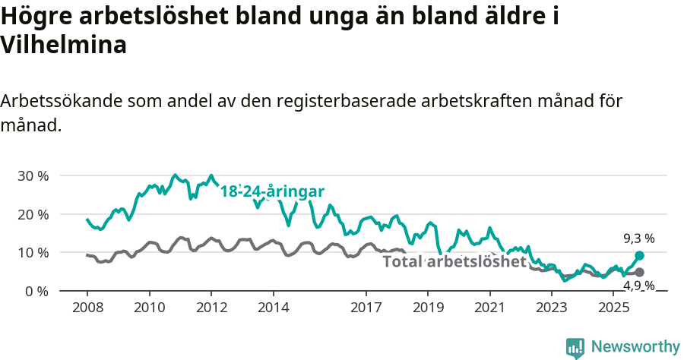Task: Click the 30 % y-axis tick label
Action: (x=33, y=175)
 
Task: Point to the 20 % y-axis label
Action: (x=33, y=214)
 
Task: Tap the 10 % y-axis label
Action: (x=33, y=252)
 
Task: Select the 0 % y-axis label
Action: (x=36, y=291)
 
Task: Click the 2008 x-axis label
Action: (x=87, y=308)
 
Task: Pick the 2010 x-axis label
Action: (x=149, y=308)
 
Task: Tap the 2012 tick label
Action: (x=211, y=308)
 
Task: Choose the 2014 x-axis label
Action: (x=273, y=308)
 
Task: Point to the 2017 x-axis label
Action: (x=366, y=308)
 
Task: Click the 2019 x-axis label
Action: (x=427, y=308)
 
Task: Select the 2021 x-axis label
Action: (x=489, y=308)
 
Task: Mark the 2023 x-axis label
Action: (x=552, y=308)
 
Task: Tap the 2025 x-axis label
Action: (x=613, y=308)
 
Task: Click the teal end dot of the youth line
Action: (x=639, y=256)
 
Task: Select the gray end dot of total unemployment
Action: (x=639, y=272)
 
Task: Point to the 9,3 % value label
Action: (x=638, y=238)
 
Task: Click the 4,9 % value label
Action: (x=638, y=286)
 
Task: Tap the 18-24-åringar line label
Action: (x=272, y=191)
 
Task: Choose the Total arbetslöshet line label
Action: (x=454, y=262)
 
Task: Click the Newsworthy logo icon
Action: (x=575, y=347)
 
